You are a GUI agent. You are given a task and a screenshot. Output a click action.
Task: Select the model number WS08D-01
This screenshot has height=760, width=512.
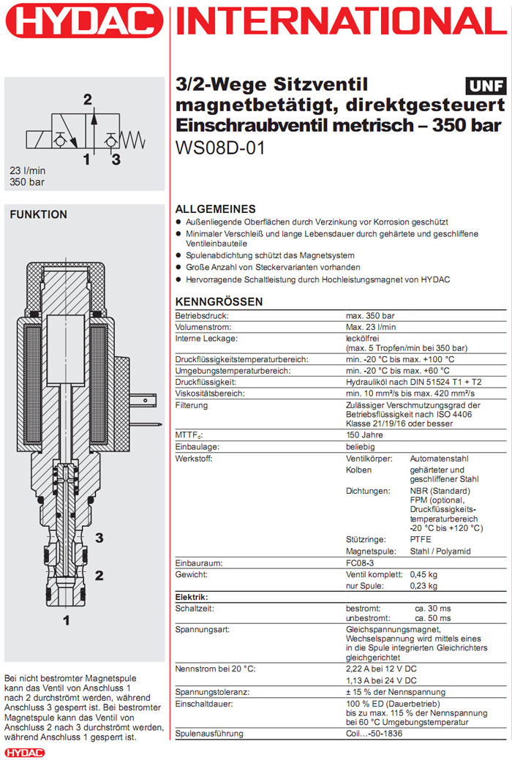pos(220,147)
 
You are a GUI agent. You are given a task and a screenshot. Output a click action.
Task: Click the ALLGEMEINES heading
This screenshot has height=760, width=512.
pos(216,208)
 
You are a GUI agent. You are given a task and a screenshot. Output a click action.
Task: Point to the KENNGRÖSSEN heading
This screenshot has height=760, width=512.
pos(219,301)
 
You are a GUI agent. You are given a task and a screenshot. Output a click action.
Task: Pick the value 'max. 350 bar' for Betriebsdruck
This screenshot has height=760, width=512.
pos(370,315)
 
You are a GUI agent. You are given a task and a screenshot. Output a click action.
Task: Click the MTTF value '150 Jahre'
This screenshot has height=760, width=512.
pos(364,435)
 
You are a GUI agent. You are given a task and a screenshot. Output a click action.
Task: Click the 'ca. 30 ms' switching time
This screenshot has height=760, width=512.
pos(433,608)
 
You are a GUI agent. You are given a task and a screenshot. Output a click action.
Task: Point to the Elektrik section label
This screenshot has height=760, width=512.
pos(192,597)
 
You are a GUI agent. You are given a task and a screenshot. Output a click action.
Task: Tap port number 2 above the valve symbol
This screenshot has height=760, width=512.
pos(88,99)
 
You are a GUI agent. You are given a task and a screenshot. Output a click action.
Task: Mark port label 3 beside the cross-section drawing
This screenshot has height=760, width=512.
pos(99,539)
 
